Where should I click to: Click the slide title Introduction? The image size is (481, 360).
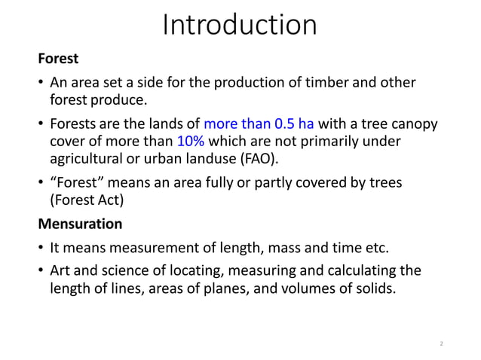pyautogui.click(x=240, y=26)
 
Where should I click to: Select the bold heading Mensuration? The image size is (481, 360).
pyautogui.click(x=80, y=224)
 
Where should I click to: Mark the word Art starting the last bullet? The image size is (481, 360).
pyautogui.click(x=60, y=270)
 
